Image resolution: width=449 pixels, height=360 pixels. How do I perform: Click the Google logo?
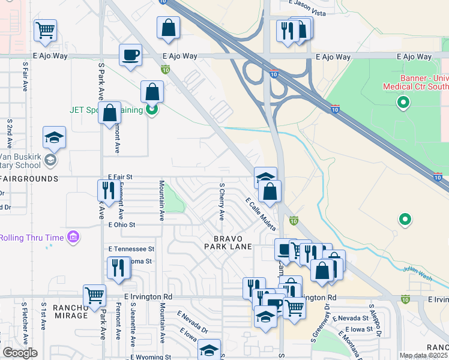coord(20,353)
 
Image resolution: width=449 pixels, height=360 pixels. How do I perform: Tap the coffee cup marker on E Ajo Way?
coord(130,56)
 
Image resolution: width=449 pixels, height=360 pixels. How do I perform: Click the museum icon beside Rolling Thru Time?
coord(73,237)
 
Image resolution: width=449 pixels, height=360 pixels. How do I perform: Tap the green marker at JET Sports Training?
coord(152,110)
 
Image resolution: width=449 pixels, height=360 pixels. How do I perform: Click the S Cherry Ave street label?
coord(221,202)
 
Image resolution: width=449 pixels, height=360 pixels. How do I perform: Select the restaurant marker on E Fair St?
coord(106,191)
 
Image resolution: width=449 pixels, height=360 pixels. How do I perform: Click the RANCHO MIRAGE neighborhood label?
coord(71,311)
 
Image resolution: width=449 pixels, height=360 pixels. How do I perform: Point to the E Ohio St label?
coord(122,225)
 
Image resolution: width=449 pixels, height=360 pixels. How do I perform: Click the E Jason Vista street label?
coord(309,4)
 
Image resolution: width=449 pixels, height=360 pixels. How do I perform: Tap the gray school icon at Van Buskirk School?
coord(51,160)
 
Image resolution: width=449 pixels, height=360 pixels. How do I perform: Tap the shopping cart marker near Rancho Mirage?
coord(94,295)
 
